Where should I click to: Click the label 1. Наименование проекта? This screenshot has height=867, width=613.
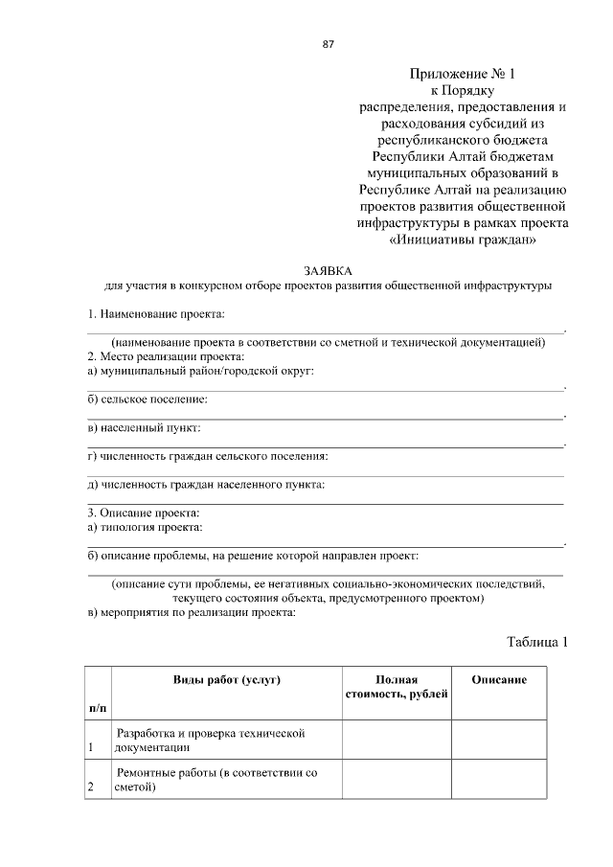pyautogui.click(x=156, y=314)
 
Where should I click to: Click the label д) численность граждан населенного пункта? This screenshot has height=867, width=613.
pyautogui.click(x=206, y=484)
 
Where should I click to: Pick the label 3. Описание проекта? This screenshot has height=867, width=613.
pyautogui.click(x=144, y=513)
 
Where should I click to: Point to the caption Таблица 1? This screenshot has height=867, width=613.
pyautogui.click(x=536, y=642)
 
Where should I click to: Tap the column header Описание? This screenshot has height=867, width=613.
pyautogui.click(x=499, y=679)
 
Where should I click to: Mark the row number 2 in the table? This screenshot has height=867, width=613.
pyautogui.click(x=90, y=787)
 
